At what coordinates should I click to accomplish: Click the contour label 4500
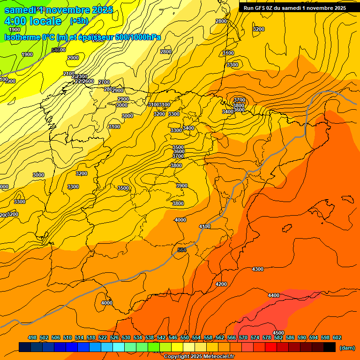tap(278, 333)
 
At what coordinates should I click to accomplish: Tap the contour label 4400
tap(274, 295)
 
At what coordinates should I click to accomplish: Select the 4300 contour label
tap(258, 269)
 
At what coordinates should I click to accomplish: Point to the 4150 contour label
tap(205, 226)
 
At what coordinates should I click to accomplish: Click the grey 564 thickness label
tap(182, 250)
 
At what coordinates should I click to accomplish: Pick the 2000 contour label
tap(73, 58)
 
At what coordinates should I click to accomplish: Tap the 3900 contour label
tap(182, 186)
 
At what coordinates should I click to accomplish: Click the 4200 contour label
tap(221, 284)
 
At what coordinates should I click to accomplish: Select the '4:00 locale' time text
tap(33, 21)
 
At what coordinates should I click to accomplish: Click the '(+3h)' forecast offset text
tap(78, 21)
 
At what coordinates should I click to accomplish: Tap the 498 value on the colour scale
tap(32, 337)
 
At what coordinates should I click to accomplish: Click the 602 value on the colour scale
tap(337, 337)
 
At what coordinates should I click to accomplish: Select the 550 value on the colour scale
tap(185, 337)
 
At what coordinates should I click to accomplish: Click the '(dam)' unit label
tap(347, 347)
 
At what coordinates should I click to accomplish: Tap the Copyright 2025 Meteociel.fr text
tap(199, 356)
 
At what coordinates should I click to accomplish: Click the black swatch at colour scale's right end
tap(330, 347)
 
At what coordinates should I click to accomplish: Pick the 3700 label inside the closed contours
tap(240, 100)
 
